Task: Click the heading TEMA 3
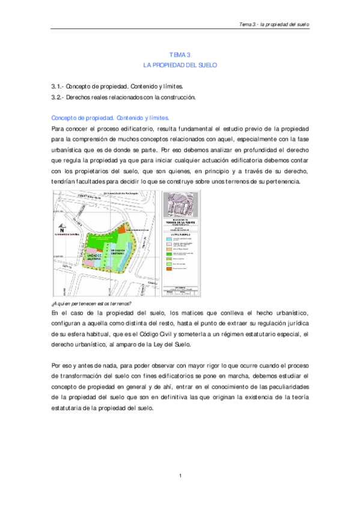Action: point(180,54)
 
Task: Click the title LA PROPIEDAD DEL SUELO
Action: point(180,64)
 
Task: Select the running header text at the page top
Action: point(274,25)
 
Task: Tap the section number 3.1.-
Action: point(58,87)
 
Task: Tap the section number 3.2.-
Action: point(58,97)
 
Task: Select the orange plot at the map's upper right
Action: point(138,230)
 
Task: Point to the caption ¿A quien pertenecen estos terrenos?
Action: point(93,304)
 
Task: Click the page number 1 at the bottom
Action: point(180,477)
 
